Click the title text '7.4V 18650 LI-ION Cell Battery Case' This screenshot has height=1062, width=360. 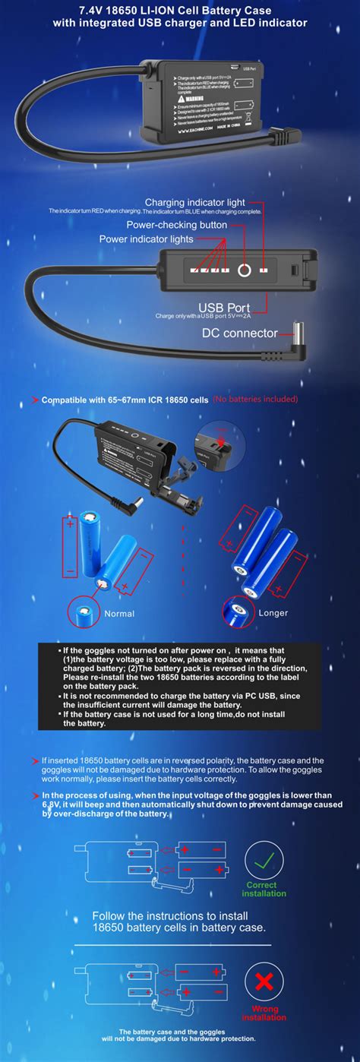pos(179,10)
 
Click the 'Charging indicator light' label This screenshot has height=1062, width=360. pos(194,202)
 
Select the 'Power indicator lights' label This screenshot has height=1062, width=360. pos(146,239)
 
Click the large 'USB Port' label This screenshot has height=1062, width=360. pos(226,306)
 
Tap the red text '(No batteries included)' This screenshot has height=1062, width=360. pos(255,399)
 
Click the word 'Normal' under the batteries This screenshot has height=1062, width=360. pos(119,613)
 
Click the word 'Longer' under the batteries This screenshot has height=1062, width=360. pos(273,612)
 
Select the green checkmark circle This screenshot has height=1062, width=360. pos(264,860)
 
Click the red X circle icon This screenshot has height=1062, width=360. pos(264,982)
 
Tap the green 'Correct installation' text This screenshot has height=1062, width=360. pos(264,889)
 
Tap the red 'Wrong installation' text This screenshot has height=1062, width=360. pos(264,1013)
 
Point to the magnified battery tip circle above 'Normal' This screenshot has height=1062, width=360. pos(84,611)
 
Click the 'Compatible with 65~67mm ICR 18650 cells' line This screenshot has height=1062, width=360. pos(125,400)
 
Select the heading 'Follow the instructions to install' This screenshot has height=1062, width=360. pos(179,915)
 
